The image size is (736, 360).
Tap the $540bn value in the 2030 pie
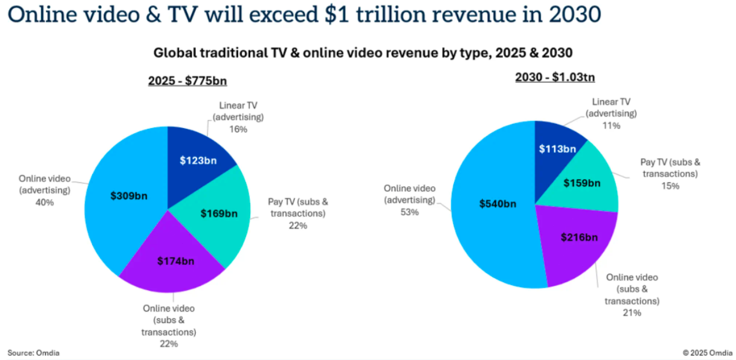[498, 203]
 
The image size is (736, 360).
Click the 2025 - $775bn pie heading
[187, 82]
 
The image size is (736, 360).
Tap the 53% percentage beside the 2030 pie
[409, 212]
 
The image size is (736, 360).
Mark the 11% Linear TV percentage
[611, 125]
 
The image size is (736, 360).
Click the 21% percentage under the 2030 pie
[632, 313]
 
